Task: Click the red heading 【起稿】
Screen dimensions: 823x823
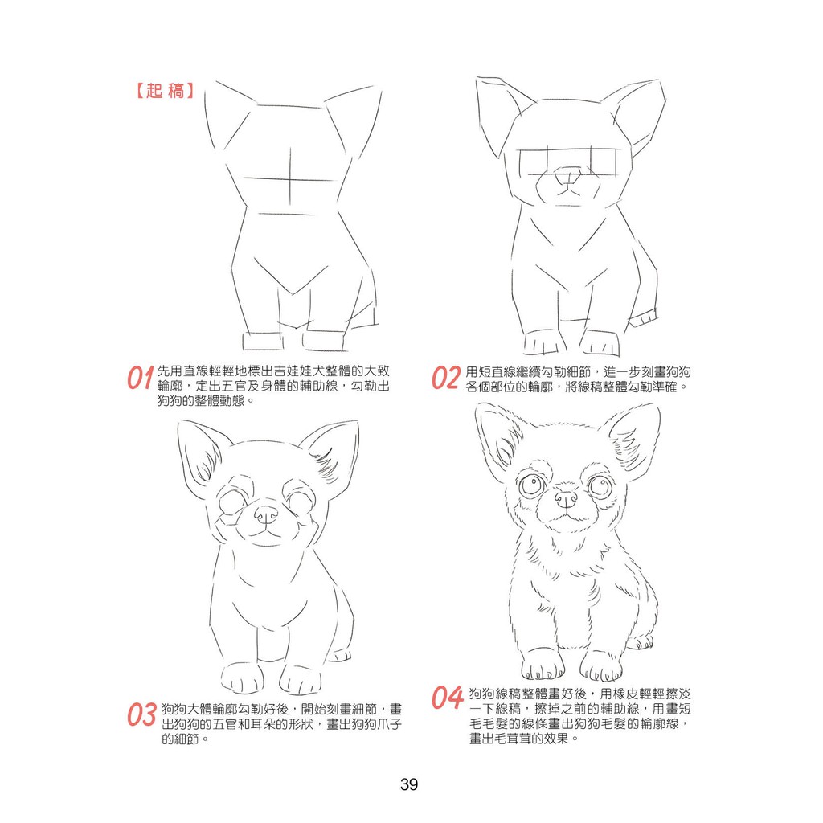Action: pyautogui.click(x=165, y=91)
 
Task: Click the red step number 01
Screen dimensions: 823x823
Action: pyautogui.click(x=140, y=378)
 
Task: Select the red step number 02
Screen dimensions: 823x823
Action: pyautogui.click(x=445, y=378)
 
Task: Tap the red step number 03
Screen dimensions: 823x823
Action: pyautogui.click(x=141, y=714)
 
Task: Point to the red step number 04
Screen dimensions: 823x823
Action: pyautogui.click(x=447, y=698)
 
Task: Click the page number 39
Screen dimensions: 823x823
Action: pyautogui.click(x=409, y=784)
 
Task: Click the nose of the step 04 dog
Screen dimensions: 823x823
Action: pyautogui.click(x=566, y=498)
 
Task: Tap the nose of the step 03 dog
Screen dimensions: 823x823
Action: pyautogui.click(x=267, y=514)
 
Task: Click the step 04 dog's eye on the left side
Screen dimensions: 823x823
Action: pyautogui.click(x=532, y=485)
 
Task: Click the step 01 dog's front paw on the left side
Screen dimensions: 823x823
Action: pyautogui.click(x=263, y=341)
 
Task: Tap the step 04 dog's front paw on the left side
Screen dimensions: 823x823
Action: pyautogui.click(x=543, y=665)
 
